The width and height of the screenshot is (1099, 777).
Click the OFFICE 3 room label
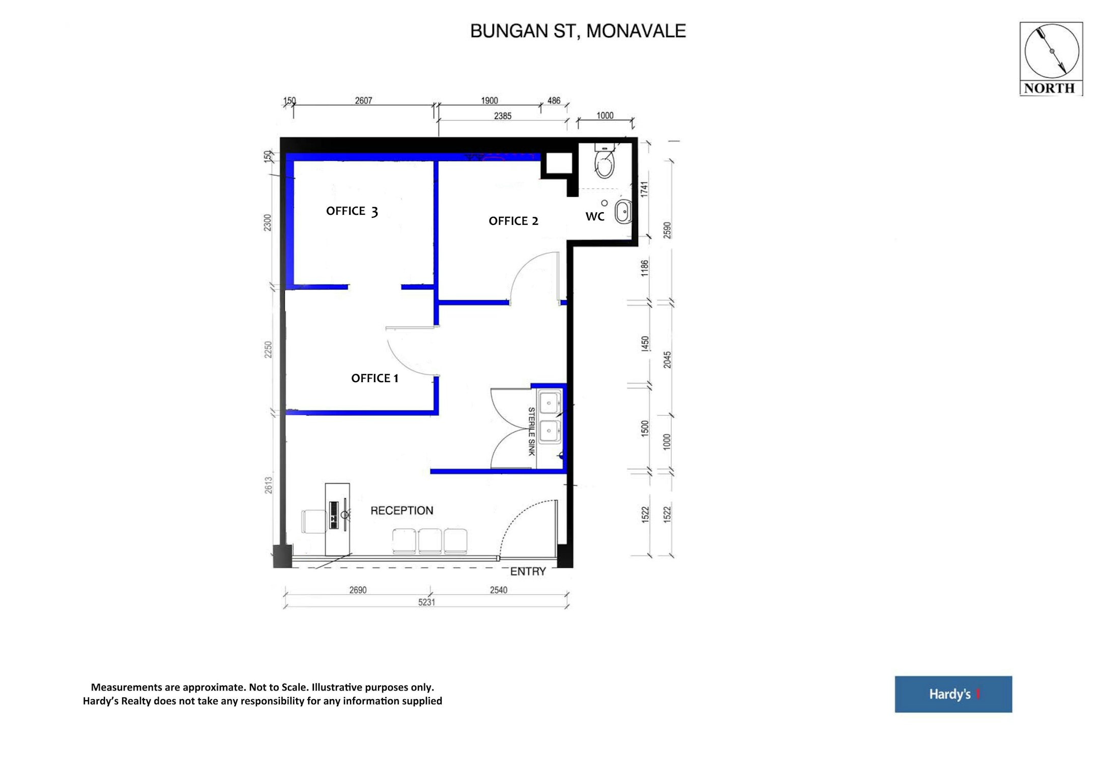352,211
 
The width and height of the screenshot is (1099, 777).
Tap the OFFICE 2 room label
513,221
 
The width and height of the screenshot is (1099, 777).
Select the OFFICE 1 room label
374,378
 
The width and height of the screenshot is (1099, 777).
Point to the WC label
595,217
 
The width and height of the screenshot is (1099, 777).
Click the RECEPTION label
402,510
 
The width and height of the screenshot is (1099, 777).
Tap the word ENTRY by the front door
528,571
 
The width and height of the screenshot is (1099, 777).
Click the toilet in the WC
604,161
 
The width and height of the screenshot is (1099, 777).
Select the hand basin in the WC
623,212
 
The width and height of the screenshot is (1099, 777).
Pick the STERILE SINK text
531,431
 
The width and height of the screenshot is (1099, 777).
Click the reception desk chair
314,521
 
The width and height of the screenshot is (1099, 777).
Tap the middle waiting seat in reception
430,541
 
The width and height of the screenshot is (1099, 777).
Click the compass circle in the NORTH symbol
1052,51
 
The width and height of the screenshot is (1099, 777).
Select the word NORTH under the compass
1049,88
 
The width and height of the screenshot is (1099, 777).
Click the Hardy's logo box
953,694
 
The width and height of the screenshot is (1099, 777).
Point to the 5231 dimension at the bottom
426,602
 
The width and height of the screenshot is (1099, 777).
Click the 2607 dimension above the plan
363,101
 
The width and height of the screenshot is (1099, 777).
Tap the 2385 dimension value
503,116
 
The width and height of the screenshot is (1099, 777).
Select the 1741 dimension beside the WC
645,189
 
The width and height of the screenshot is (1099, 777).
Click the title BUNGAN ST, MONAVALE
578,31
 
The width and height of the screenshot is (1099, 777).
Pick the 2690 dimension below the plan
358,590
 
